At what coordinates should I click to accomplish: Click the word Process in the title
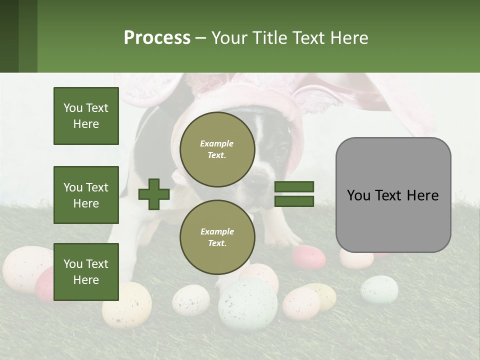point(157,38)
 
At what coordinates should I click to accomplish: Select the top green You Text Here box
point(86,116)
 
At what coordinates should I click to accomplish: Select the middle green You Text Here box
point(86,195)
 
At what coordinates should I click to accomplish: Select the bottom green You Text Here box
point(86,272)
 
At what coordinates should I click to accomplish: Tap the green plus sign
point(154,194)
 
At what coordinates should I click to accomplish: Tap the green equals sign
point(294,194)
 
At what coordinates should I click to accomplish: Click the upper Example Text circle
point(217,149)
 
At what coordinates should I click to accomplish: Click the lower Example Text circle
point(217,237)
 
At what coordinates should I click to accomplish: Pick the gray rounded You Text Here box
point(393,195)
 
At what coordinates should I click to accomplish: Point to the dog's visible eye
point(281,149)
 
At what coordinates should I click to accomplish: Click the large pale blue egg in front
point(248,304)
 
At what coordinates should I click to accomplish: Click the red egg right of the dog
point(308,257)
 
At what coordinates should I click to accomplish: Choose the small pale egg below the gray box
point(379,289)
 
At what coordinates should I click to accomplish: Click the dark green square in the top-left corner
point(9,36)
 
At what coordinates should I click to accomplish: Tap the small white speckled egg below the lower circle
point(190,299)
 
